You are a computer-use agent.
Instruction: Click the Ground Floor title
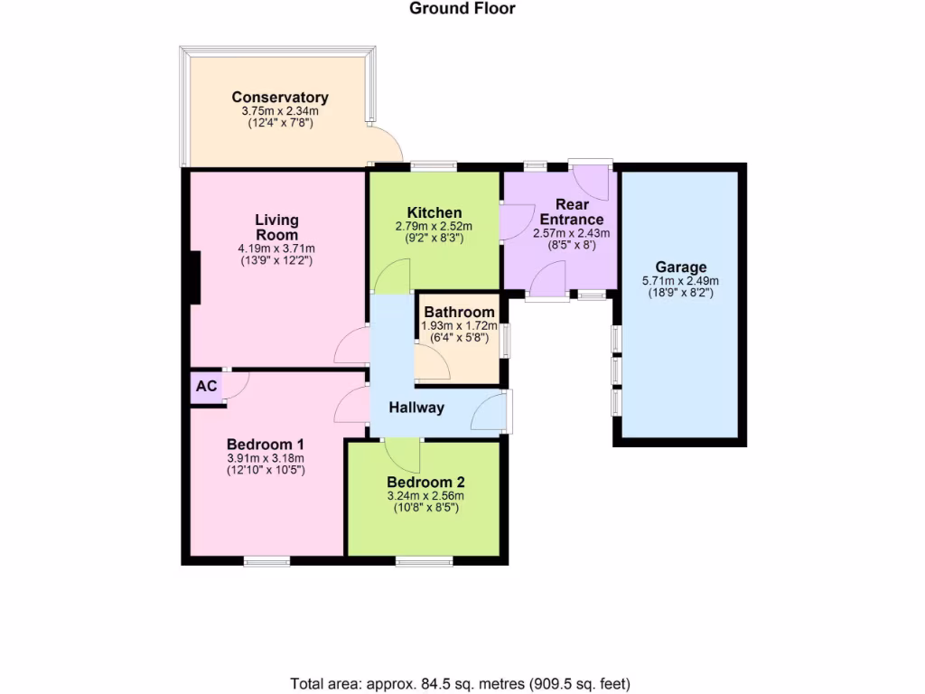pos(462,9)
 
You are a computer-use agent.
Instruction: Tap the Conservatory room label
pos(280,98)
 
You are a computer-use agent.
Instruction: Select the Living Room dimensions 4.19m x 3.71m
pos(276,249)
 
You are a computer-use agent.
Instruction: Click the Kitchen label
pos(434,213)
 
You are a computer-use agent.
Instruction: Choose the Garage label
pos(681,267)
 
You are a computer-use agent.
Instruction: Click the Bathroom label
pos(460,314)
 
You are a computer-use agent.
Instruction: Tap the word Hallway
pos(416,408)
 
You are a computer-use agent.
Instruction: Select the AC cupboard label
pos(207,387)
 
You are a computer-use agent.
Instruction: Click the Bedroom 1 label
pos(265,445)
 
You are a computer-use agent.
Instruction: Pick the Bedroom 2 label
pos(425,483)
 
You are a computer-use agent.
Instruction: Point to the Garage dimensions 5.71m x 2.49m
pos(681,281)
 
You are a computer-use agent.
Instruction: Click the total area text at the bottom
pos(461,683)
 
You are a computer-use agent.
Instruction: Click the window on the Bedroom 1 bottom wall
pos(266,561)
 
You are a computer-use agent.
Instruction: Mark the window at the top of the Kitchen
pos(433,166)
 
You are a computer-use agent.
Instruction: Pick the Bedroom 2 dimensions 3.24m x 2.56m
pos(425,496)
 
